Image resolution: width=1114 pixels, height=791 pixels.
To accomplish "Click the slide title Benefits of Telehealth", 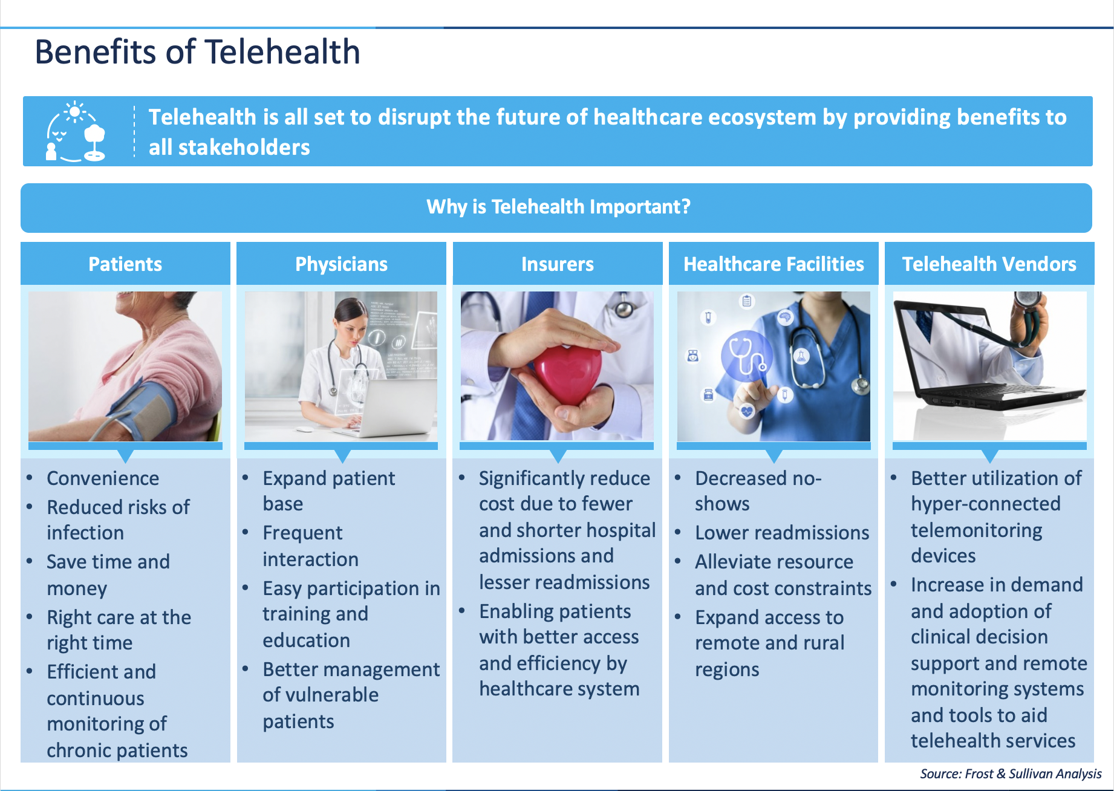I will tap(197, 52).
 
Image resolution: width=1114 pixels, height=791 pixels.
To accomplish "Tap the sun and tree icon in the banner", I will tap(76, 131).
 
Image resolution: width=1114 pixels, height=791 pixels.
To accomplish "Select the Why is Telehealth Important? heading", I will tap(558, 207).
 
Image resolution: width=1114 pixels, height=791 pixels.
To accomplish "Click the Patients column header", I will tap(125, 264).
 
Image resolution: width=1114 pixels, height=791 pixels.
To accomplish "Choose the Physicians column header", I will tap(341, 264).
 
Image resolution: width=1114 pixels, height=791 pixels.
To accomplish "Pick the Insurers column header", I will tap(557, 264).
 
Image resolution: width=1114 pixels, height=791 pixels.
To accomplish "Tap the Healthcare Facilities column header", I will tap(774, 264).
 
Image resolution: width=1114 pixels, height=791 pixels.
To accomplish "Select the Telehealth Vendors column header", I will tap(989, 264).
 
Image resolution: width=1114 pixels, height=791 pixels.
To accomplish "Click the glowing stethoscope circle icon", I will tap(746, 356).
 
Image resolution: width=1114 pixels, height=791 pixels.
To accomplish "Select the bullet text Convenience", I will tap(103, 478).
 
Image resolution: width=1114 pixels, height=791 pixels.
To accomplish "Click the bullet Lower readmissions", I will tap(781, 533).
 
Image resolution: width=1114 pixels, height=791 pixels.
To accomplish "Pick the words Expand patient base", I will tap(328, 490).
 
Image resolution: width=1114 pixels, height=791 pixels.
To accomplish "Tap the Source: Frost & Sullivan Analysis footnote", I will tap(1011, 774).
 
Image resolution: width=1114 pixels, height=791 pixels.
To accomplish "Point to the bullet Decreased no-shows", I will tap(758, 490).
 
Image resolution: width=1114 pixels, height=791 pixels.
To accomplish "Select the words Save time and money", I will tap(108, 575).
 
